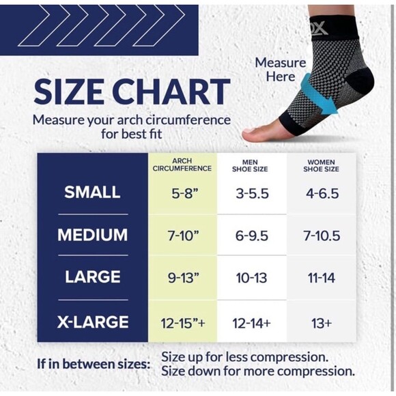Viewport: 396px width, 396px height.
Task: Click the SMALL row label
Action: pos(92,193)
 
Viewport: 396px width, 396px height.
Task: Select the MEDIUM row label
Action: pos(92,235)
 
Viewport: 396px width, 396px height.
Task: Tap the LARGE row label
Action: pos(92,277)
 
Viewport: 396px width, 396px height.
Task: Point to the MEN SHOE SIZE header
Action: pos(251,164)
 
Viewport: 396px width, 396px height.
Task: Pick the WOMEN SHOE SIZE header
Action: pos(322,164)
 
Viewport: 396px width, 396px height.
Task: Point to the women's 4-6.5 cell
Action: pos(322,193)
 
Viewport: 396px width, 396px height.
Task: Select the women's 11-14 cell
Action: pos(322,278)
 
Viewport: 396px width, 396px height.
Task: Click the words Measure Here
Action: pos(281,69)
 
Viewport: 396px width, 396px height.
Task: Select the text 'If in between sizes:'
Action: pos(93,364)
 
